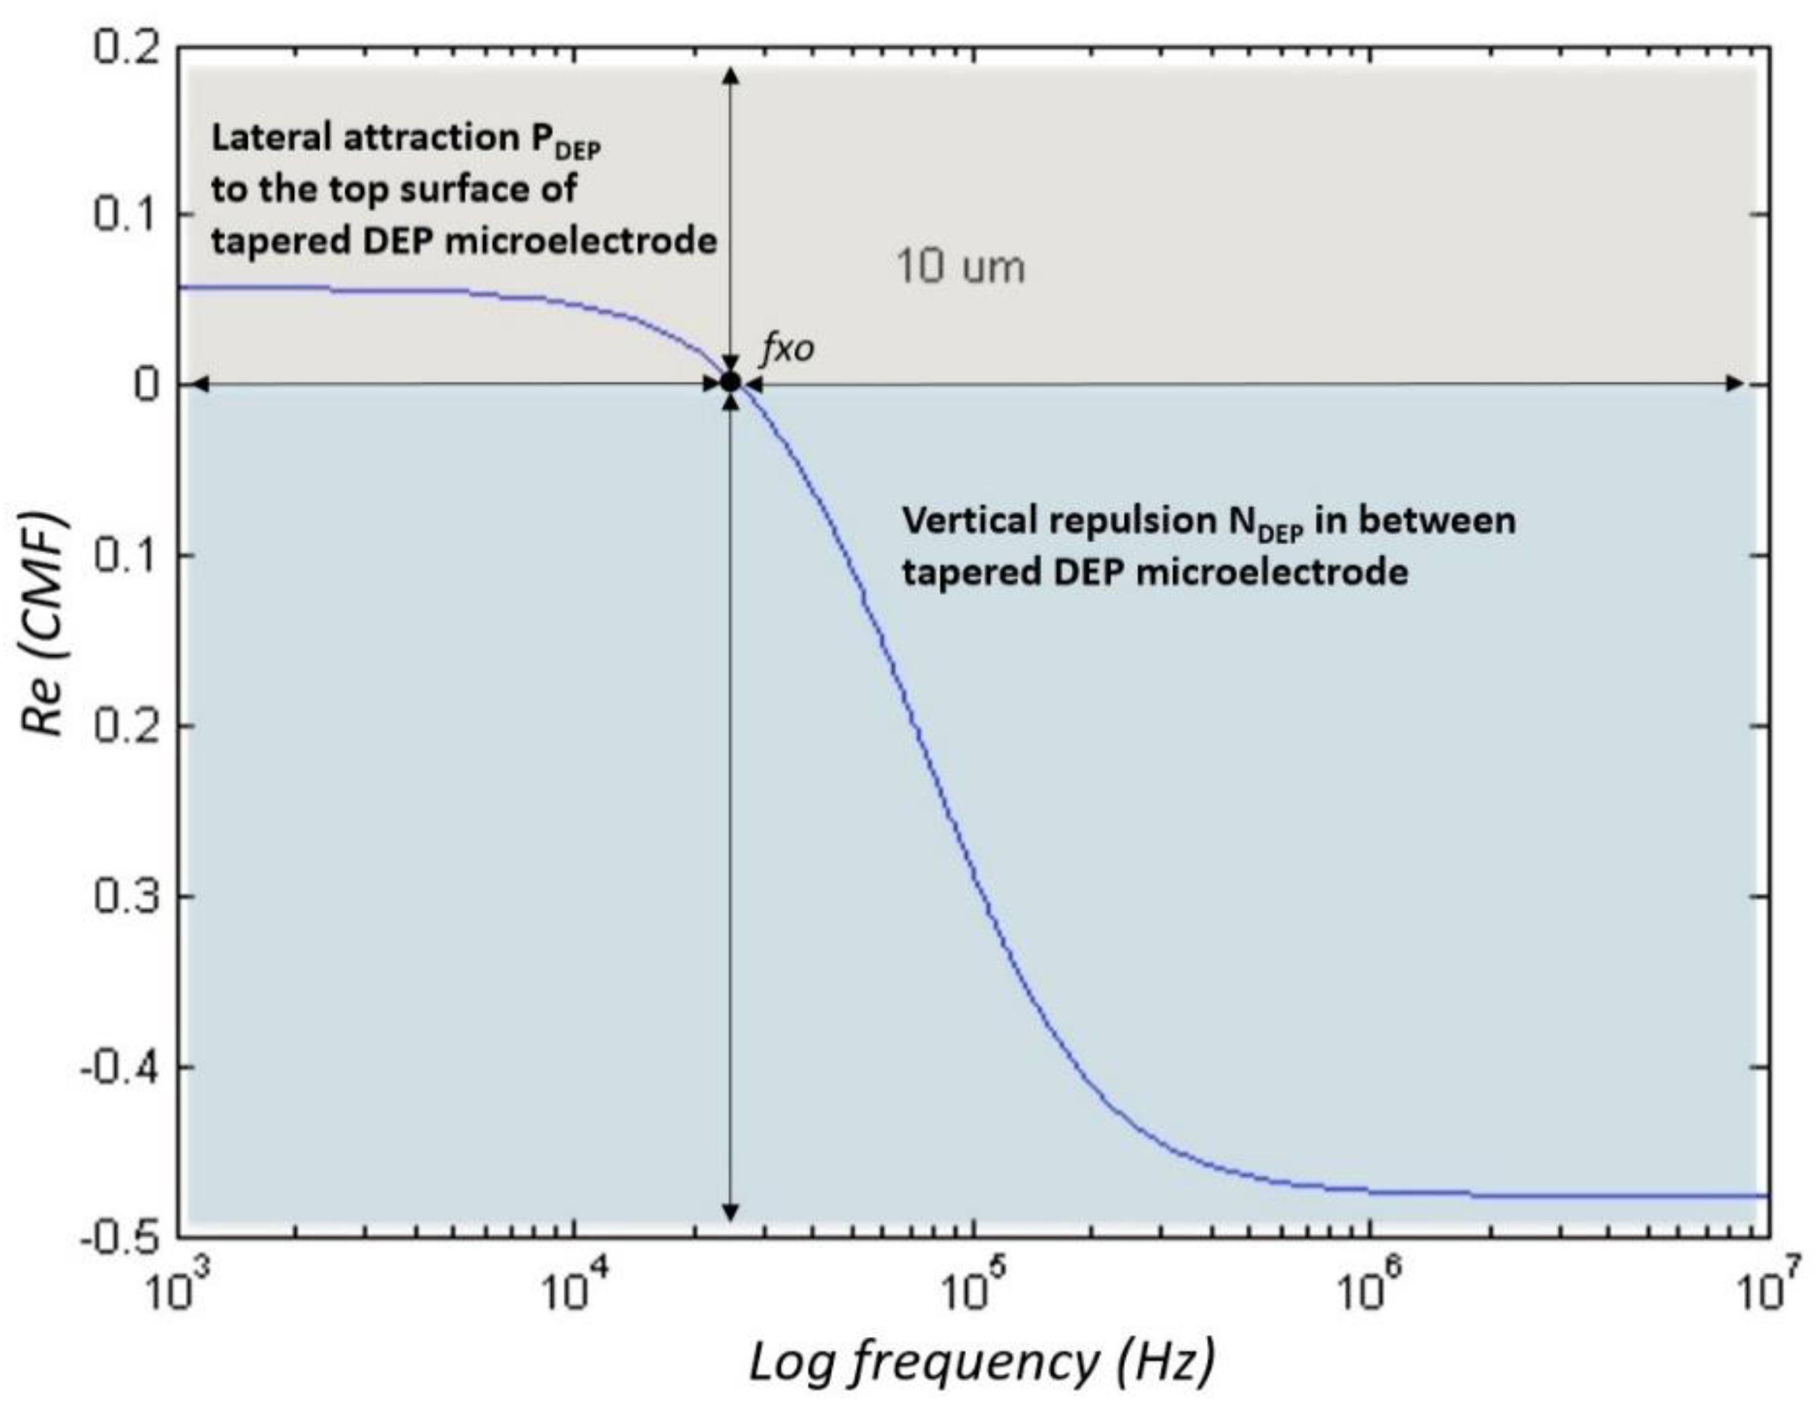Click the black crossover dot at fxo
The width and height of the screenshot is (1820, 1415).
tap(731, 382)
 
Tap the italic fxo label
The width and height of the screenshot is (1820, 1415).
tap(787, 348)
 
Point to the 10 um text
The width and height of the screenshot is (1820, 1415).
tap(960, 268)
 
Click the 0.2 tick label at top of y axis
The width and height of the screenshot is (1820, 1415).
tap(126, 48)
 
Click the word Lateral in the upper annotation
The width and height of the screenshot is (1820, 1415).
tap(272, 139)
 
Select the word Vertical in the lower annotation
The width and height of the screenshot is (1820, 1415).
tap(971, 521)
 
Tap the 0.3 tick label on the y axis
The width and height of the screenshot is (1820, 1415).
tap(126, 898)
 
